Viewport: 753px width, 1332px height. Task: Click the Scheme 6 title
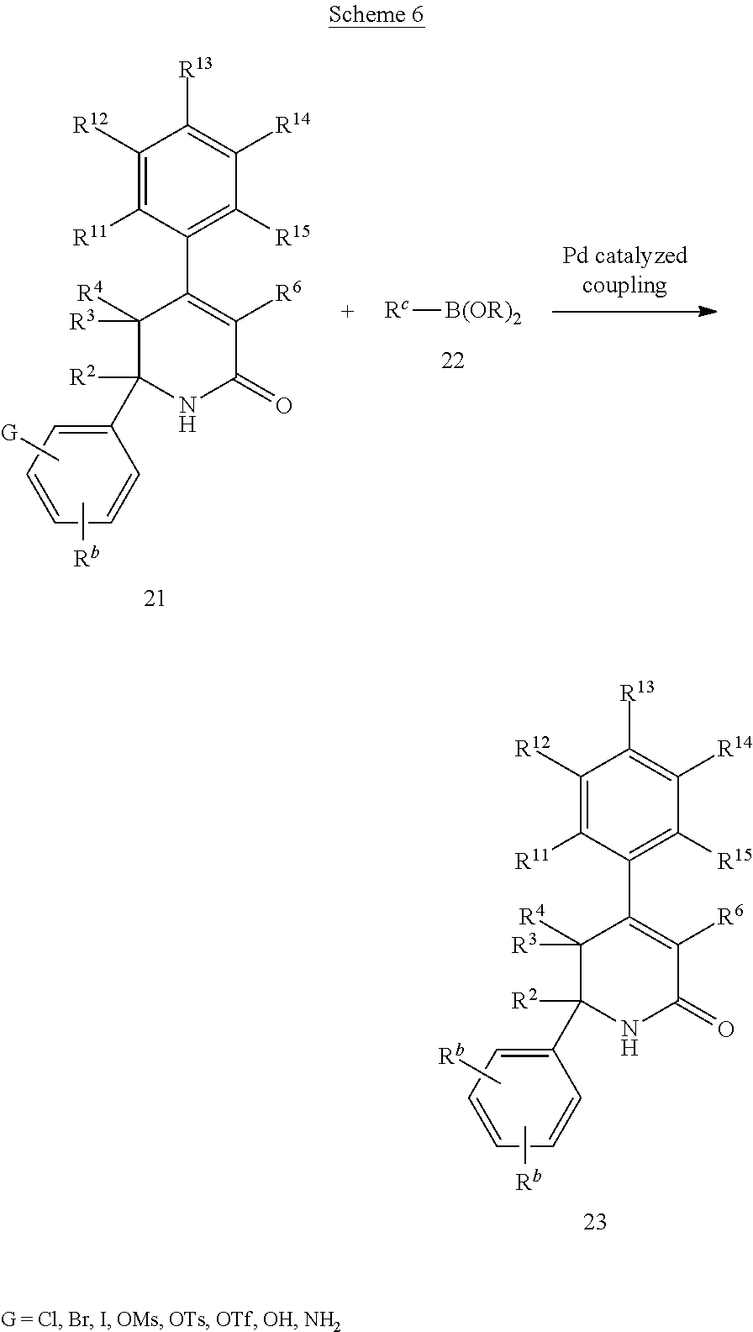(x=376, y=15)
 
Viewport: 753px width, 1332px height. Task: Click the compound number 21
(x=154, y=598)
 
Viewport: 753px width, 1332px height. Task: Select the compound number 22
(x=452, y=361)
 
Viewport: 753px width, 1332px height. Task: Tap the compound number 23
(x=594, y=1221)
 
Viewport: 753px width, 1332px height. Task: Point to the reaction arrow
(x=634, y=312)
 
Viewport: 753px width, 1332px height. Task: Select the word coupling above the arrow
(x=624, y=285)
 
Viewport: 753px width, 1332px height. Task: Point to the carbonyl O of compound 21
(x=283, y=406)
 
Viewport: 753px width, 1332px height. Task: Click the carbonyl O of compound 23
(x=725, y=1029)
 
